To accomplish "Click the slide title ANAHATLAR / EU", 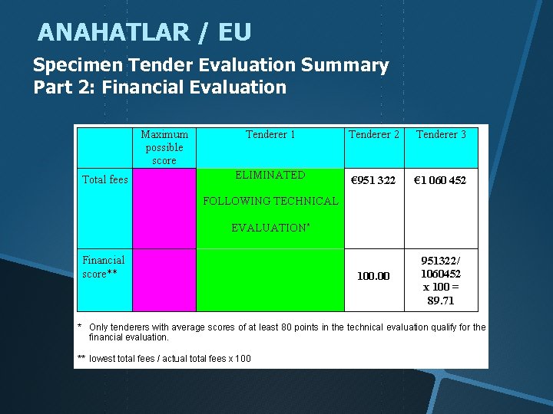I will click(x=144, y=32).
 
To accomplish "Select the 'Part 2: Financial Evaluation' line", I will click(x=160, y=87).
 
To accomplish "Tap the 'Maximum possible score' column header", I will click(x=164, y=147).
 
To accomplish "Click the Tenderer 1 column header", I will click(x=270, y=135).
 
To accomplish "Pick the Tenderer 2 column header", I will click(x=374, y=135).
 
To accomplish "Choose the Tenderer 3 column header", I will click(x=441, y=135).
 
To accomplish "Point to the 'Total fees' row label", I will click(x=105, y=180).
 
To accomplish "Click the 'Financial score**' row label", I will click(x=104, y=267).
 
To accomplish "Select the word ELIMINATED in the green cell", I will click(x=270, y=175).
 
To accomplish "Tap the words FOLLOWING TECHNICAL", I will click(x=270, y=201).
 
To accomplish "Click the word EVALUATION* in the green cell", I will click(x=270, y=228).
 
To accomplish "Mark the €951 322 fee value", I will click(x=373, y=180).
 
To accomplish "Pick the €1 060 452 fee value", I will click(x=441, y=180).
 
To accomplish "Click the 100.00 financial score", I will click(x=373, y=276).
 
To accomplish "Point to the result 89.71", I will click(x=441, y=301).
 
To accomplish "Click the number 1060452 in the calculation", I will click(x=441, y=274).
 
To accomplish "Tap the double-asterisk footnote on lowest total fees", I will click(x=164, y=359).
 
